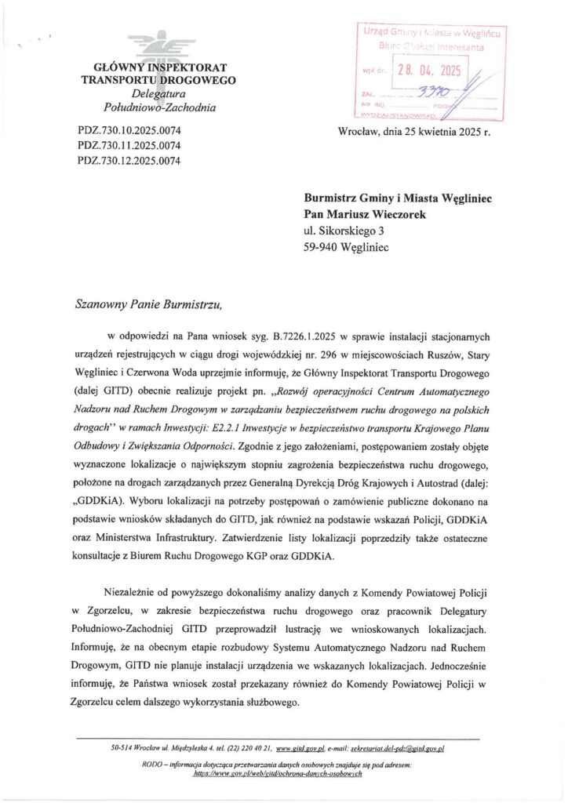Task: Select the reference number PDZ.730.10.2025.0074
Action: click(130, 129)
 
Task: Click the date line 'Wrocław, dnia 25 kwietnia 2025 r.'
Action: click(413, 133)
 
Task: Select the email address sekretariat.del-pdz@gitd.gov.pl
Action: click(395, 750)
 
